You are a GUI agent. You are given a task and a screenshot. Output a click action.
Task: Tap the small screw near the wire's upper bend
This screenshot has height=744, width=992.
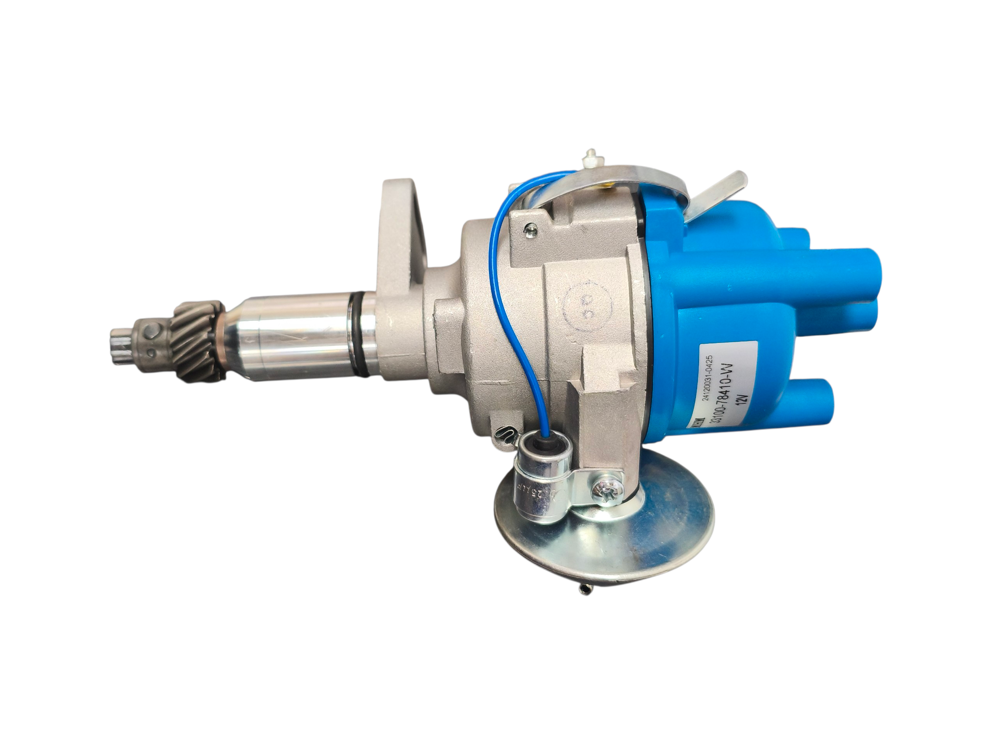pyautogui.click(x=531, y=231)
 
